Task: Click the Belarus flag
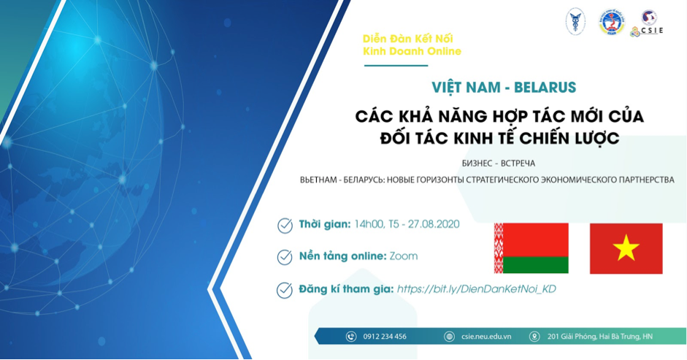(x=531, y=248)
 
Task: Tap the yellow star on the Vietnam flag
(x=626, y=249)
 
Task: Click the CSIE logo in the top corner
(x=648, y=23)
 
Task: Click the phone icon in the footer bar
(x=350, y=337)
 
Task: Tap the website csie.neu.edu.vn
(x=486, y=337)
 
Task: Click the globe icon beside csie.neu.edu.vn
(x=449, y=337)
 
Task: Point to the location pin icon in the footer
(x=534, y=337)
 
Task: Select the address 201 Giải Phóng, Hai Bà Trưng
(x=599, y=337)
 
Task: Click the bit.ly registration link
(x=476, y=289)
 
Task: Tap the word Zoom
(x=404, y=256)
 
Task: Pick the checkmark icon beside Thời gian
(x=285, y=226)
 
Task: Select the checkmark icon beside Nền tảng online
(x=285, y=257)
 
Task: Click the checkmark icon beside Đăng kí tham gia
(x=285, y=290)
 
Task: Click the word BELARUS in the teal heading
(x=545, y=88)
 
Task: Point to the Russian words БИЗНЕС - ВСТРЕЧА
(x=488, y=164)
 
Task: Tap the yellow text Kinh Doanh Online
(x=412, y=51)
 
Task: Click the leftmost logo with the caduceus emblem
(x=575, y=22)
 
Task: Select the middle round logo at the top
(x=611, y=22)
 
